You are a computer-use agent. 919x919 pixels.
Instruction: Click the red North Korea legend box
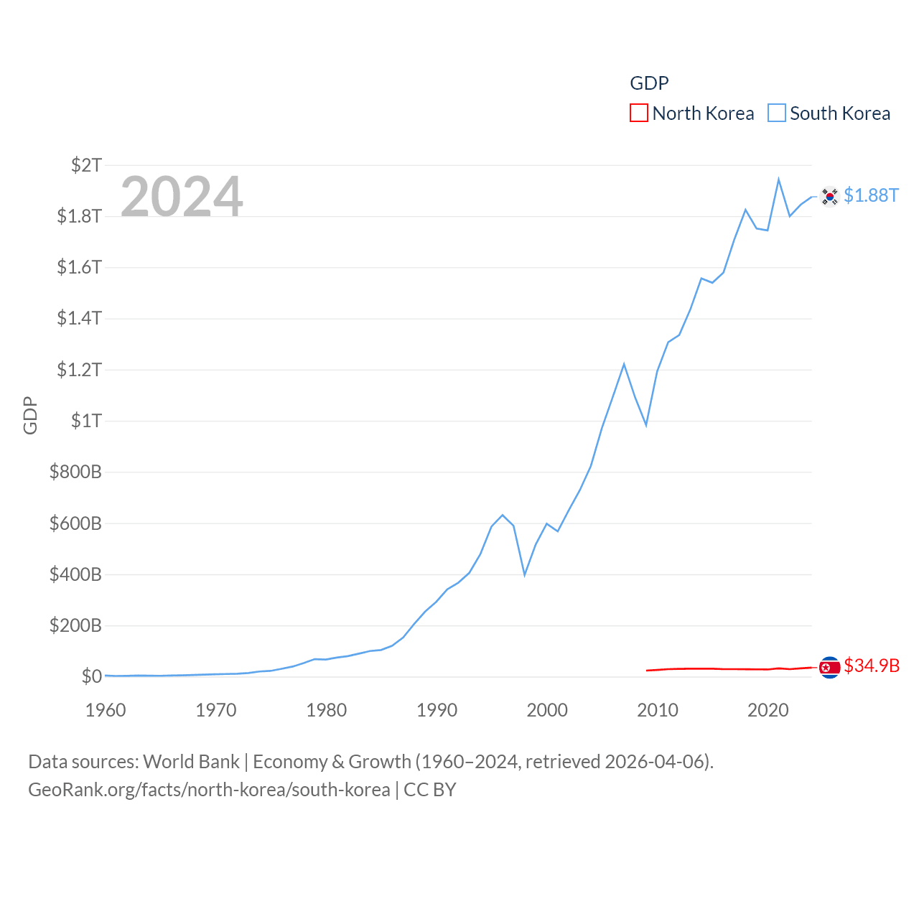tap(638, 113)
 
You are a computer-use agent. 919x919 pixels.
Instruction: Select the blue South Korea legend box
tap(777, 113)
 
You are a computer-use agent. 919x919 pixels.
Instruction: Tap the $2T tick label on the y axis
tap(86, 165)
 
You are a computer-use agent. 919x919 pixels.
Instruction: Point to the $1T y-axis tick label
tap(86, 421)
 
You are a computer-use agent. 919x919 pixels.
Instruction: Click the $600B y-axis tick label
tap(75, 523)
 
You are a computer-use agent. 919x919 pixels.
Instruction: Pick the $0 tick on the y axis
tap(91, 676)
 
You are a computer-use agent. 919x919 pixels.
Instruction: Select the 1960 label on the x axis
tap(106, 710)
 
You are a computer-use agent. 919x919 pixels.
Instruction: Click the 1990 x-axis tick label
tap(437, 710)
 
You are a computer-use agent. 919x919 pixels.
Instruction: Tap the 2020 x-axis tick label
tap(768, 710)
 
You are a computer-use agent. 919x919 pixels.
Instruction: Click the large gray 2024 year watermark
tap(182, 197)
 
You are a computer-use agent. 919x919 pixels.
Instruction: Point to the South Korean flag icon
tap(829, 196)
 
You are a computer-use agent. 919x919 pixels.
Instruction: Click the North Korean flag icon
tap(829, 668)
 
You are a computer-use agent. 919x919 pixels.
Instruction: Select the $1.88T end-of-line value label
tap(871, 195)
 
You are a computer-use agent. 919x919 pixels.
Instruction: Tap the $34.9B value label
tap(872, 666)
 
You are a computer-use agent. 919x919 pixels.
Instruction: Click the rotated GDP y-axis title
tap(30, 415)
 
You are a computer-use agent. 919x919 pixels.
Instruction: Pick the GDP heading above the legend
tap(649, 83)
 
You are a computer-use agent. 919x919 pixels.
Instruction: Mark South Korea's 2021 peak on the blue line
tap(778, 179)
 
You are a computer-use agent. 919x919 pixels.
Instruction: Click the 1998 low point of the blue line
tap(525, 574)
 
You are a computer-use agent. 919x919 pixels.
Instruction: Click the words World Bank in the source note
tap(191, 761)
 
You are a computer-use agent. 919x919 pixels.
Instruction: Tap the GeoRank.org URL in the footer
tap(209, 790)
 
